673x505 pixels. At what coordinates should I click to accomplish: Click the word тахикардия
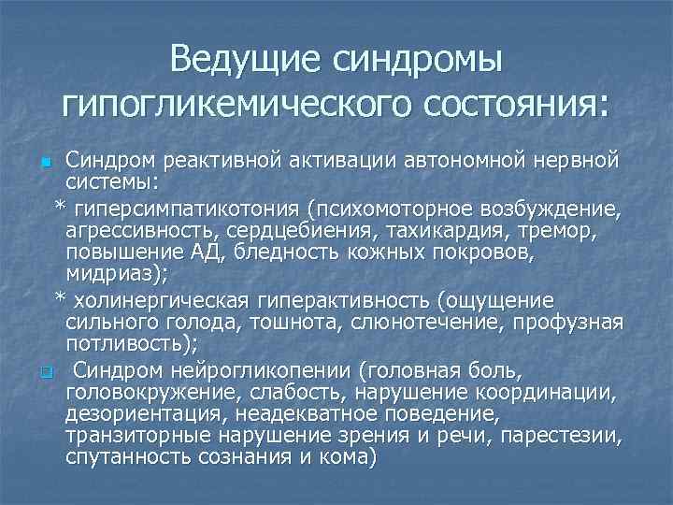478,229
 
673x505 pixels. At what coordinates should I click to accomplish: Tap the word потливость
122,345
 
